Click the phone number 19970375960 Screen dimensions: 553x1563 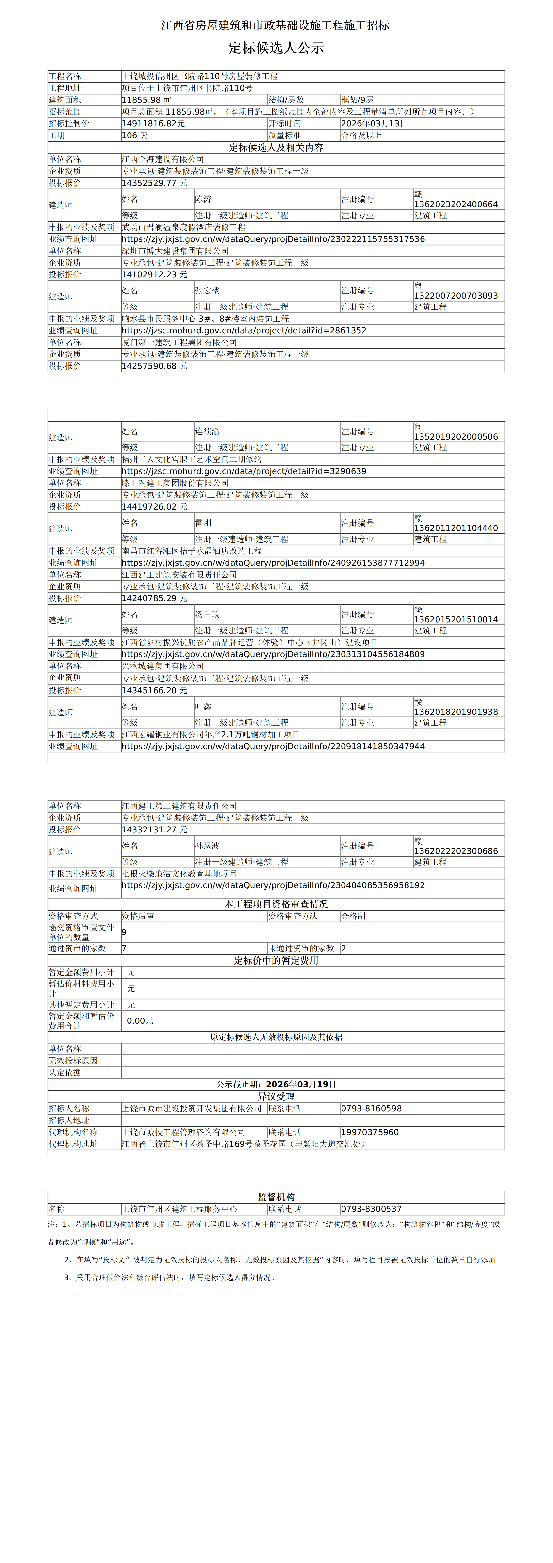370,1132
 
